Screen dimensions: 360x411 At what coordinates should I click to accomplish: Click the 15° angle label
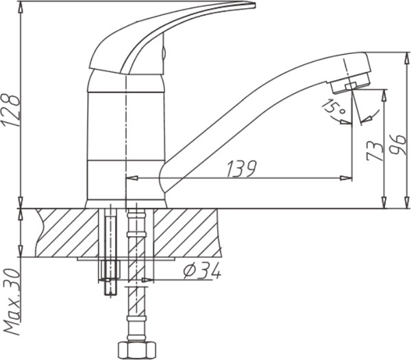tap(334, 107)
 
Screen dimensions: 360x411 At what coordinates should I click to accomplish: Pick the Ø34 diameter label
tap(202, 272)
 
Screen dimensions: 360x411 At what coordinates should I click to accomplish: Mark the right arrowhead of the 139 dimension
tap(347, 179)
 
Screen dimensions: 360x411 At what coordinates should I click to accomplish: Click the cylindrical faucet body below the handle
tap(127, 137)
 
